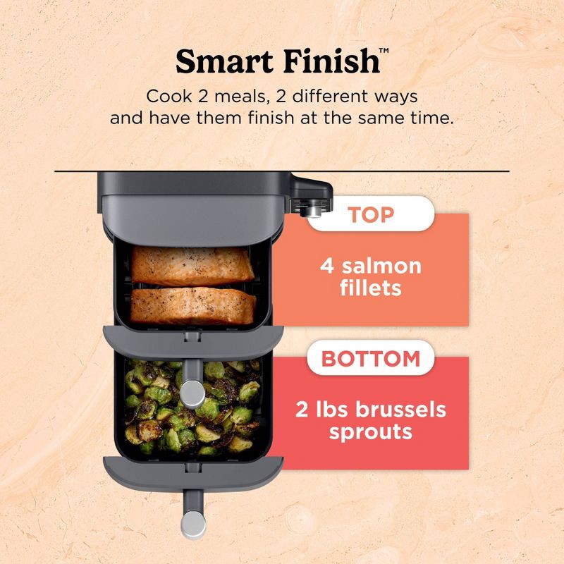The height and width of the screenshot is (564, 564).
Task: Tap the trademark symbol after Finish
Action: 384,51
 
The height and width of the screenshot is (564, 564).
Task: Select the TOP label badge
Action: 371,214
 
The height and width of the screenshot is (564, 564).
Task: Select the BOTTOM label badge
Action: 371,358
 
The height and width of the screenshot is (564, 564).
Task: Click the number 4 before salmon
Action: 326,266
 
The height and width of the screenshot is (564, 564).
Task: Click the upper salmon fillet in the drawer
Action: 192,264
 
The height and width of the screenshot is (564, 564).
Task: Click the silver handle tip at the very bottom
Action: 192,522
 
